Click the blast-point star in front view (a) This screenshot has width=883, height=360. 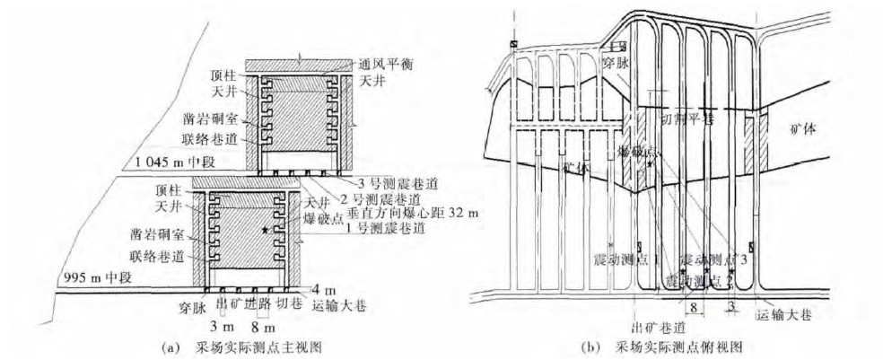pyautogui.click(x=265, y=231)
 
